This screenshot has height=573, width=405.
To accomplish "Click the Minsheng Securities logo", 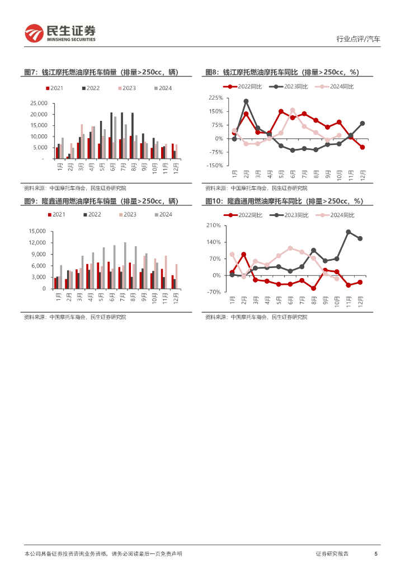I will pyautogui.click(x=60, y=34).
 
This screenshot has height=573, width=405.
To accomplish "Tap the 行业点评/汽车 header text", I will pyautogui.click(x=358, y=39).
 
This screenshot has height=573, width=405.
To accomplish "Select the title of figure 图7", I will pyautogui.click(x=101, y=72).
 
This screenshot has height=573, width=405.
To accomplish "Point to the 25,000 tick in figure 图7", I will pyautogui.click(x=38, y=104).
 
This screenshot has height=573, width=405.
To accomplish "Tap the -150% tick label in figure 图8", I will pyautogui.click(x=215, y=166).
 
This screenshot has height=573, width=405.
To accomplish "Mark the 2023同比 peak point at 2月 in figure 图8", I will pyautogui.click(x=246, y=101).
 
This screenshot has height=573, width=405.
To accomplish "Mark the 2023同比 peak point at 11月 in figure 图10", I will pyautogui.click(x=349, y=232).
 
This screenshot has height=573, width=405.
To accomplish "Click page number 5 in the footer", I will pyautogui.click(x=376, y=553).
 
